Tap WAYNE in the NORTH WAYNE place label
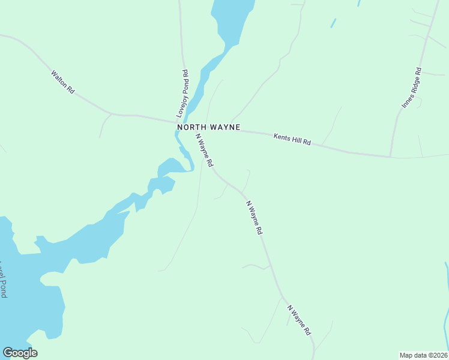point(223,127)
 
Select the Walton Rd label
point(62,82)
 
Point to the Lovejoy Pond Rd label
point(182,94)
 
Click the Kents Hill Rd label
point(292,139)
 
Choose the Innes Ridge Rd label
point(412,88)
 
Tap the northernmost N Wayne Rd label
point(204,149)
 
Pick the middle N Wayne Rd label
point(255,217)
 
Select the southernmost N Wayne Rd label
point(299,320)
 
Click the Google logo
point(20,353)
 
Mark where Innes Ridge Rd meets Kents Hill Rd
point(391,157)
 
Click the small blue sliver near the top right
point(333,23)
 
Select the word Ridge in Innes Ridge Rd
point(412,88)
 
